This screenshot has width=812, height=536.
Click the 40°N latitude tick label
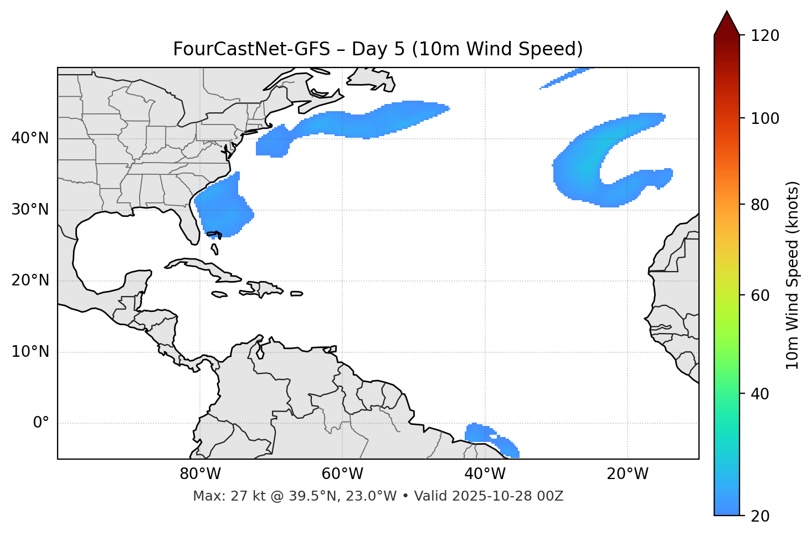[x=30, y=138]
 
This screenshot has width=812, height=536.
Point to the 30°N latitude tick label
[x=30, y=210]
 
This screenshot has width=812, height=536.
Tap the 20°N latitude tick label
[x=30, y=280]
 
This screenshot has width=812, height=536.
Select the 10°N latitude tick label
[x=30, y=352]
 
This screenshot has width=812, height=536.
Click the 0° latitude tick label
[x=40, y=423]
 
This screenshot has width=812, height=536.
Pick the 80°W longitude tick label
[x=200, y=474]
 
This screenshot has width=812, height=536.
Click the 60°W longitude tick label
[x=342, y=474]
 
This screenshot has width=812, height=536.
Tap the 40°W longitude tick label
[x=485, y=474]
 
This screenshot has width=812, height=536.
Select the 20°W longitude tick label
[x=628, y=474]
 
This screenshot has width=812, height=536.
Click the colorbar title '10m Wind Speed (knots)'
[x=793, y=275]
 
